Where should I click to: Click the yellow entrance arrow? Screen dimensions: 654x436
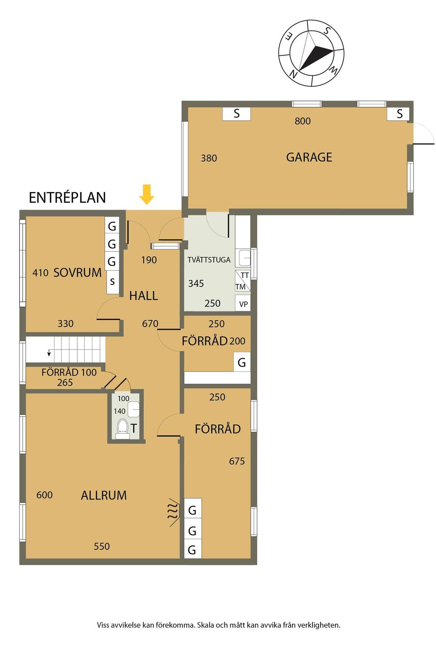(147, 195)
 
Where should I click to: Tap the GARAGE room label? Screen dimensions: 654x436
(309, 157)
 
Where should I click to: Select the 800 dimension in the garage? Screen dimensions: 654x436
(303, 121)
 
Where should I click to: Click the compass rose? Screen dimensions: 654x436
(311, 53)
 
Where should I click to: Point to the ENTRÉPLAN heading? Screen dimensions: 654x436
(67, 198)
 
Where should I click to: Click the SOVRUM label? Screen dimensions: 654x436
(77, 272)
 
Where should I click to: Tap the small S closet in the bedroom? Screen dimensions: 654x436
(112, 281)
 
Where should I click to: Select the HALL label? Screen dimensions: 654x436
(143, 295)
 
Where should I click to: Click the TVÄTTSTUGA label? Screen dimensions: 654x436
(209, 260)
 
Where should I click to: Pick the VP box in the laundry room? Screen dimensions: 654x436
(243, 304)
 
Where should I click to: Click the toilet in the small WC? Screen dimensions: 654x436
(123, 427)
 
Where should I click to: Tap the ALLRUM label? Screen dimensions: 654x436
(104, 495)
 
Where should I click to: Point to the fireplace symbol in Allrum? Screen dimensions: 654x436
(172, 512)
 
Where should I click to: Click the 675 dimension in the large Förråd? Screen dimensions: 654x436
(237, 461)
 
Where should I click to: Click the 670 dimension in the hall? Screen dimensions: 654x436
(150, 324)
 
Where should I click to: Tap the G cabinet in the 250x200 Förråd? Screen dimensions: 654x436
(242, 362)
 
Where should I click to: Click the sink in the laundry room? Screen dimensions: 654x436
(244, 258)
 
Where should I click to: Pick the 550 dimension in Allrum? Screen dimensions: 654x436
(102, 546)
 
